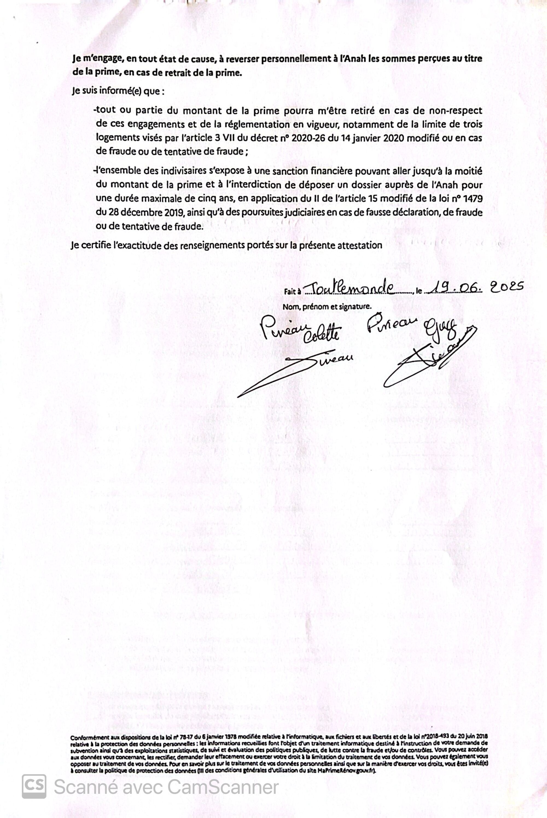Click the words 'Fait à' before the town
pyautogui.click(x=292, y=291)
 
